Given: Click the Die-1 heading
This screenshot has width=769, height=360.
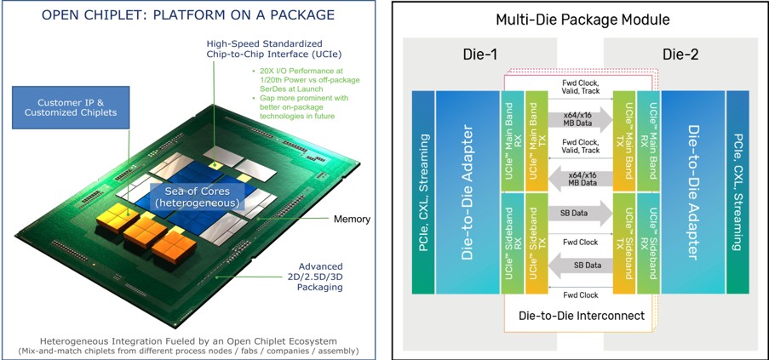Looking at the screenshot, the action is pos(479,54).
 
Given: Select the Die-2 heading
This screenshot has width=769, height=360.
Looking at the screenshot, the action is pos(680,54).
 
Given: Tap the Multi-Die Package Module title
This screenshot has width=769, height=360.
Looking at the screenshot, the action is pos(583,20).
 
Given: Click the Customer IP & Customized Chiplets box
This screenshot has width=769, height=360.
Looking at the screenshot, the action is pos(71,108).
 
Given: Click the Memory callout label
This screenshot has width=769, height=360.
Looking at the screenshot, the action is pos(352,219).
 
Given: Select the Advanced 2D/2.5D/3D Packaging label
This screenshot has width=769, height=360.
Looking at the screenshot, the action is pos(320,277).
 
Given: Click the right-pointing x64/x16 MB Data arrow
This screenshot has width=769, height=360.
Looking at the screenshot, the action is pos(581,119).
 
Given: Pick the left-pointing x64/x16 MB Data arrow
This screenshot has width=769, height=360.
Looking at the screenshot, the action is pos(581,179).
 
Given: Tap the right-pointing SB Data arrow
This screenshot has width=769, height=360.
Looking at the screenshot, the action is pos(581,214).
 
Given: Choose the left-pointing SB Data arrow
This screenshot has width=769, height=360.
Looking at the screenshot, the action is pos(581,266).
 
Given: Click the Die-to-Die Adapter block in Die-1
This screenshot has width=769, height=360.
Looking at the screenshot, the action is pos(468,192).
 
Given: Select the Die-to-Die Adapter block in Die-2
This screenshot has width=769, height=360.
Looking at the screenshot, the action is pos(693,192).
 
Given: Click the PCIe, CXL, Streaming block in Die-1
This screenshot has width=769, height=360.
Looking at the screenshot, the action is pos(423,192).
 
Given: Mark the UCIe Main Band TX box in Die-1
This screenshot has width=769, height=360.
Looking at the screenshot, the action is pos(536,141).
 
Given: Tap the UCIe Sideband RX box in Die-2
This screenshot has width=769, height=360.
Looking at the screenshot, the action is pos(649,243).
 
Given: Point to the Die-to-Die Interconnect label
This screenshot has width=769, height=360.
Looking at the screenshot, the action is pos(582,316).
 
